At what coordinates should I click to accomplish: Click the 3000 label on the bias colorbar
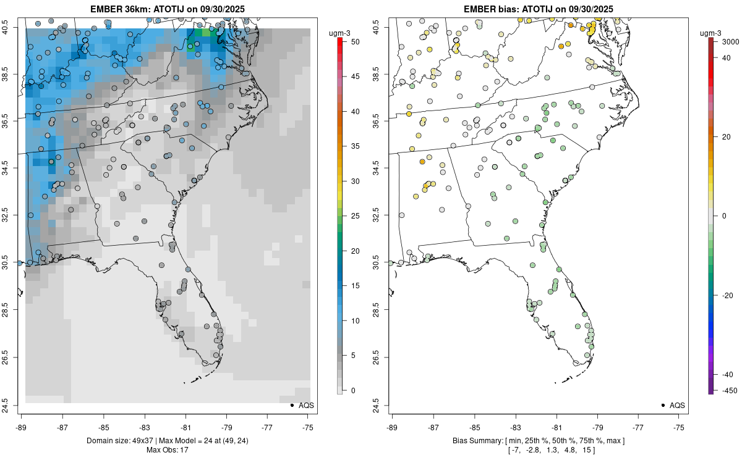(730, 41)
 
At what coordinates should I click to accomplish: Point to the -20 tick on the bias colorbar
(728, 295)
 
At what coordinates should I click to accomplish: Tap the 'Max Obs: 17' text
(167, 450)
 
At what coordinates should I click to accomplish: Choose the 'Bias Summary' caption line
(538, 441)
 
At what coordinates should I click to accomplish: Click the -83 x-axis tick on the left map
(145, 427)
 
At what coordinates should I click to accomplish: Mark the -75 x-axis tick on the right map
(680, 427)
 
